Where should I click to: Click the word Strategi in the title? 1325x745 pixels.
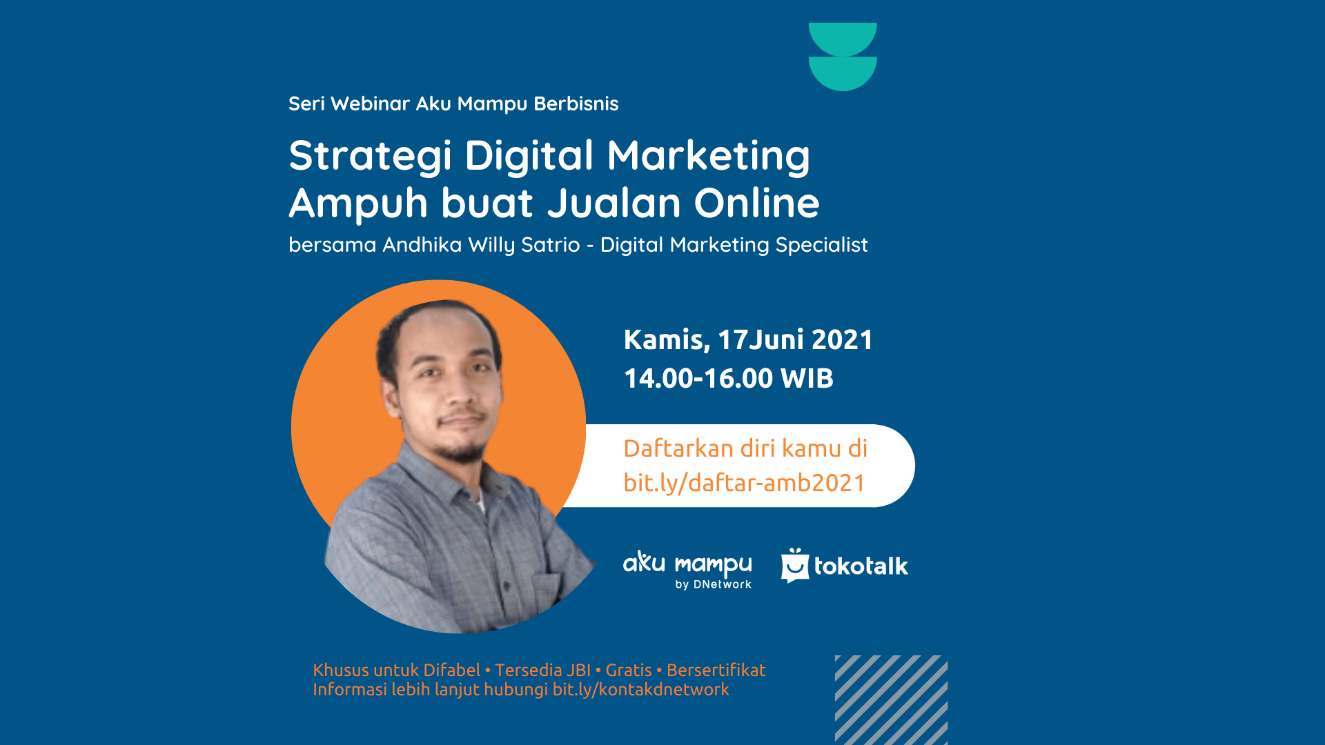(370, 157)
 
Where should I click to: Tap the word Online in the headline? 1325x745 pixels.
(756, 203)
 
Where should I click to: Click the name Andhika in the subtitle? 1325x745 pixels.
(422, 245)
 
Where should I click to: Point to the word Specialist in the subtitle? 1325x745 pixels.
(821, 246)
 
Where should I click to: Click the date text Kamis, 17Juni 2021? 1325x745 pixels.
(748, 340)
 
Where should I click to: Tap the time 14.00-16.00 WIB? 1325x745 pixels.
(729, 378)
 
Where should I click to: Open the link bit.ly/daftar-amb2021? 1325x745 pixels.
(744, 483)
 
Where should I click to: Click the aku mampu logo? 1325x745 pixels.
(687, 570)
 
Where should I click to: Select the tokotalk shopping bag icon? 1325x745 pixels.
(795, 566)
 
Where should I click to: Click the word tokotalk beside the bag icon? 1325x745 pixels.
(861, 566)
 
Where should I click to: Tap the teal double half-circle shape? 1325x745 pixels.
(843, 57)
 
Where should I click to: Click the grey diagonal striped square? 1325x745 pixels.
(891, 699)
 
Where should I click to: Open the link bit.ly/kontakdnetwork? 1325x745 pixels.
(641, 690)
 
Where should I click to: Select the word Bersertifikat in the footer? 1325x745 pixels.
(716, 670)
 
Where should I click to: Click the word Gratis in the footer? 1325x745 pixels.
(629, 670)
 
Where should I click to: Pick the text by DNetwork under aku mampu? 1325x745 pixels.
(713, 585)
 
